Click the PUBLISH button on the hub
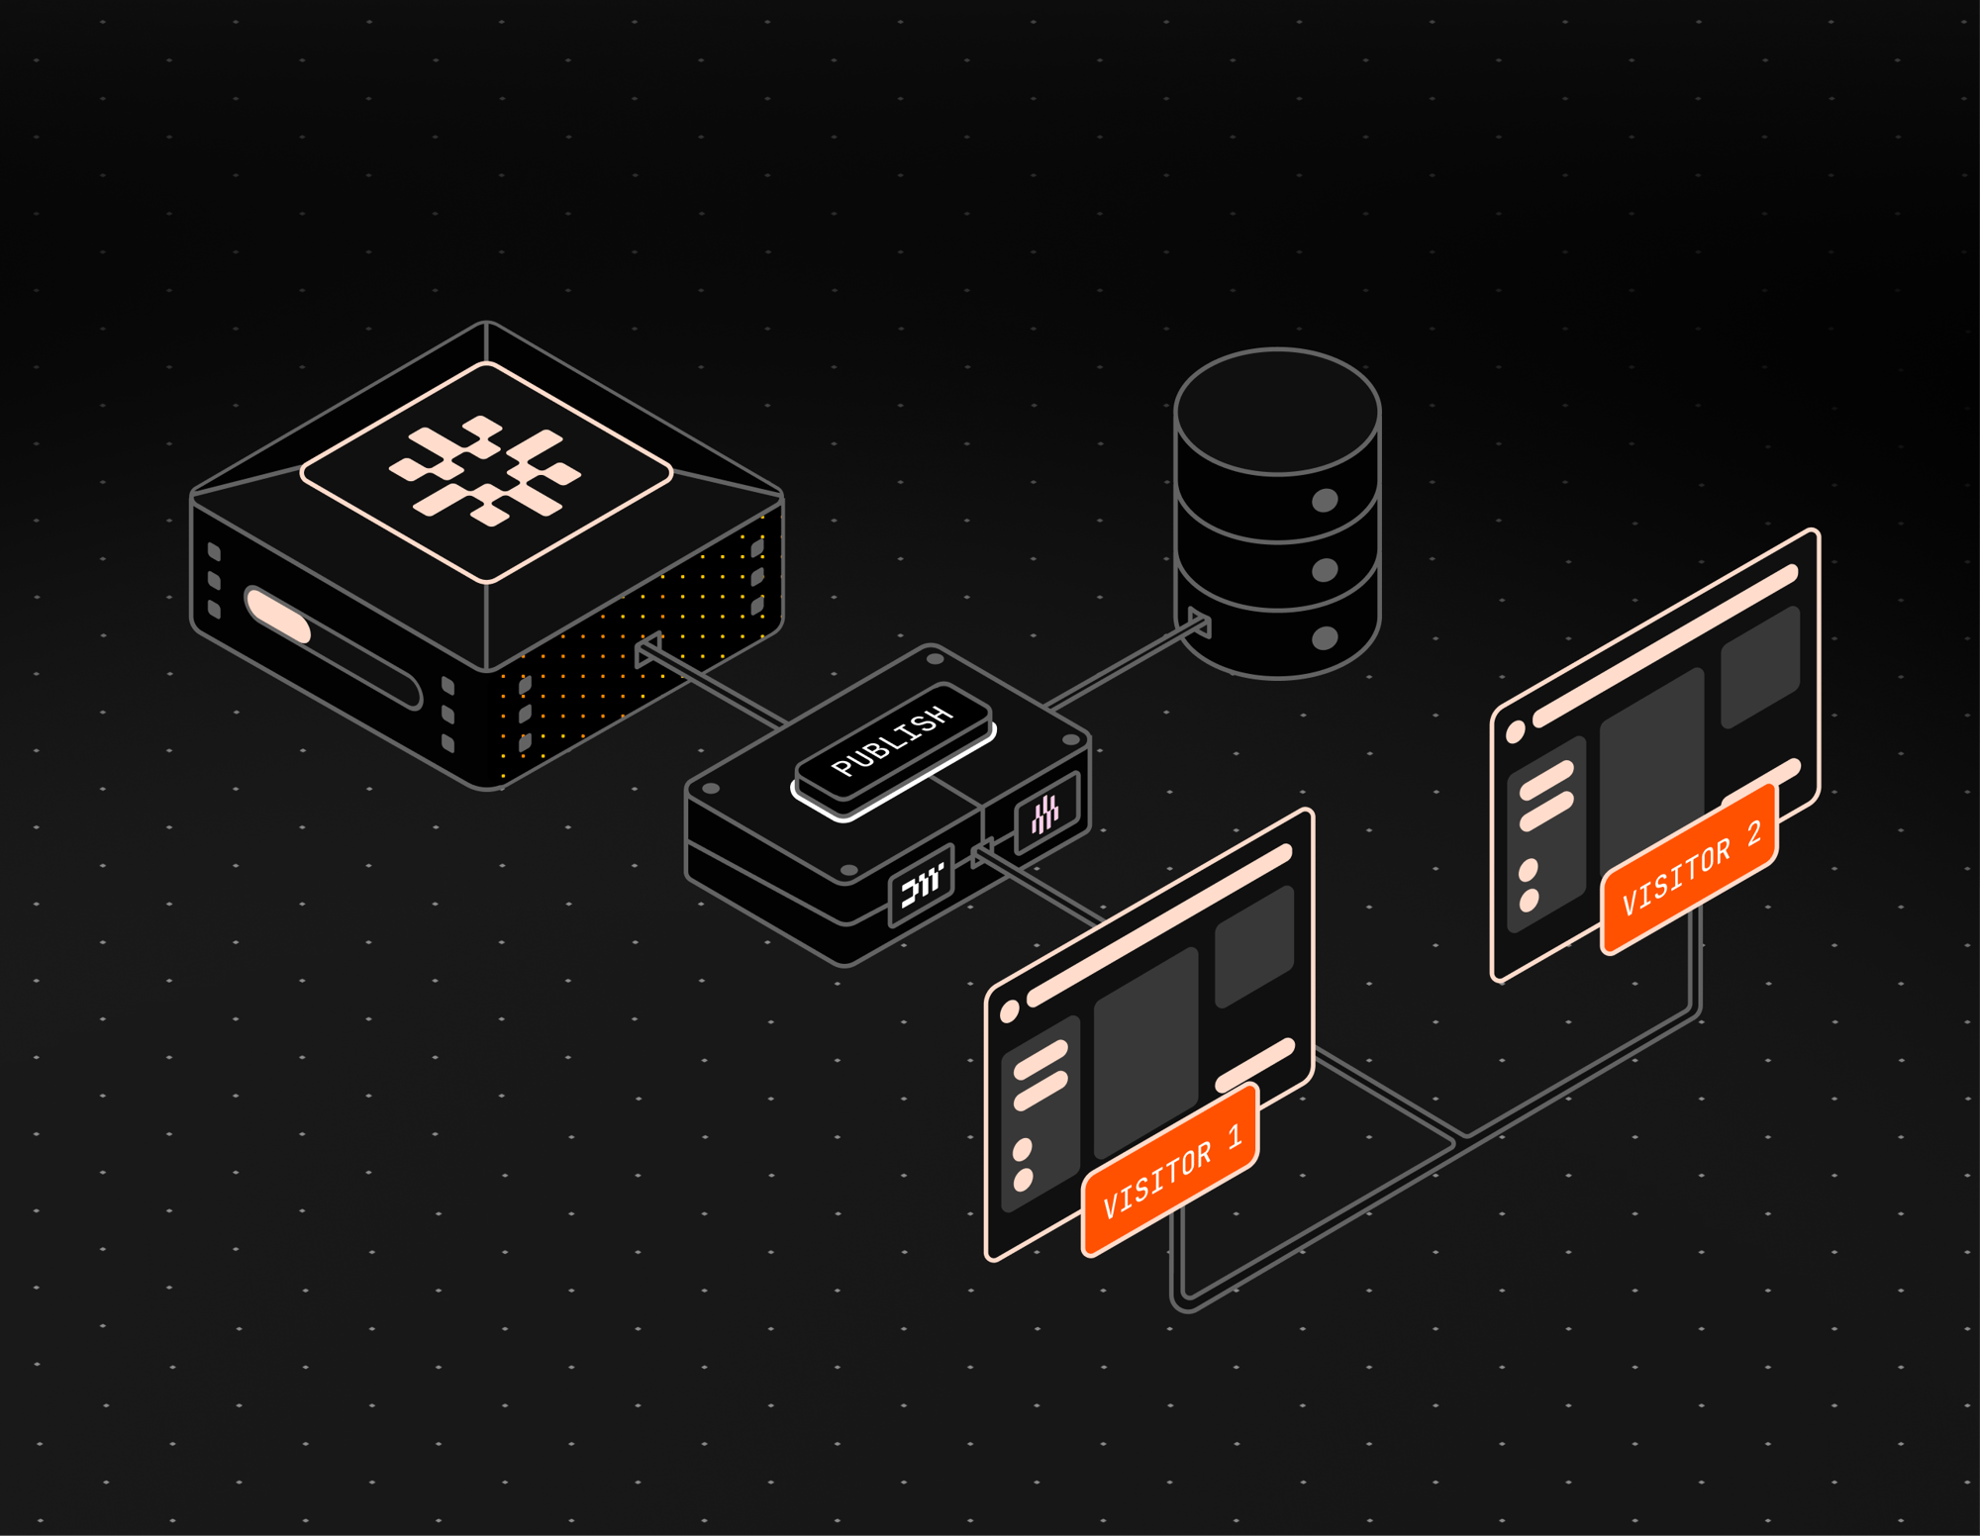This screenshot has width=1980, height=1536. [893, 741]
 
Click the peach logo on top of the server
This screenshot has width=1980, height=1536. [485, 470]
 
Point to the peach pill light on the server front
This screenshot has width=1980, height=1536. [278, 615]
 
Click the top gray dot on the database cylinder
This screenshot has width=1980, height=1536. [1325, 500]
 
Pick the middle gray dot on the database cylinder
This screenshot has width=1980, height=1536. [1325, 570]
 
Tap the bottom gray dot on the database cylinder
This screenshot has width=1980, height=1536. [1325, 638]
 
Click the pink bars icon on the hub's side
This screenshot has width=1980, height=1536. [1045, 815]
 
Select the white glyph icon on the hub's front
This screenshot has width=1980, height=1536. [921, 884]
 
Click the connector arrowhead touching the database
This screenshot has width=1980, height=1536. [1199, 623]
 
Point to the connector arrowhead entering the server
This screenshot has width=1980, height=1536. [647, 649]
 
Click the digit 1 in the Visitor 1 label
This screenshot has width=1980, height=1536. [1235, 1136]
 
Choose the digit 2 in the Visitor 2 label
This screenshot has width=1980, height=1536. [1753, 833]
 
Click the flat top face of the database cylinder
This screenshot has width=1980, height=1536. [1277, 410]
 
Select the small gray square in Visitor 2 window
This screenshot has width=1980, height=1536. [1759, 666]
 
